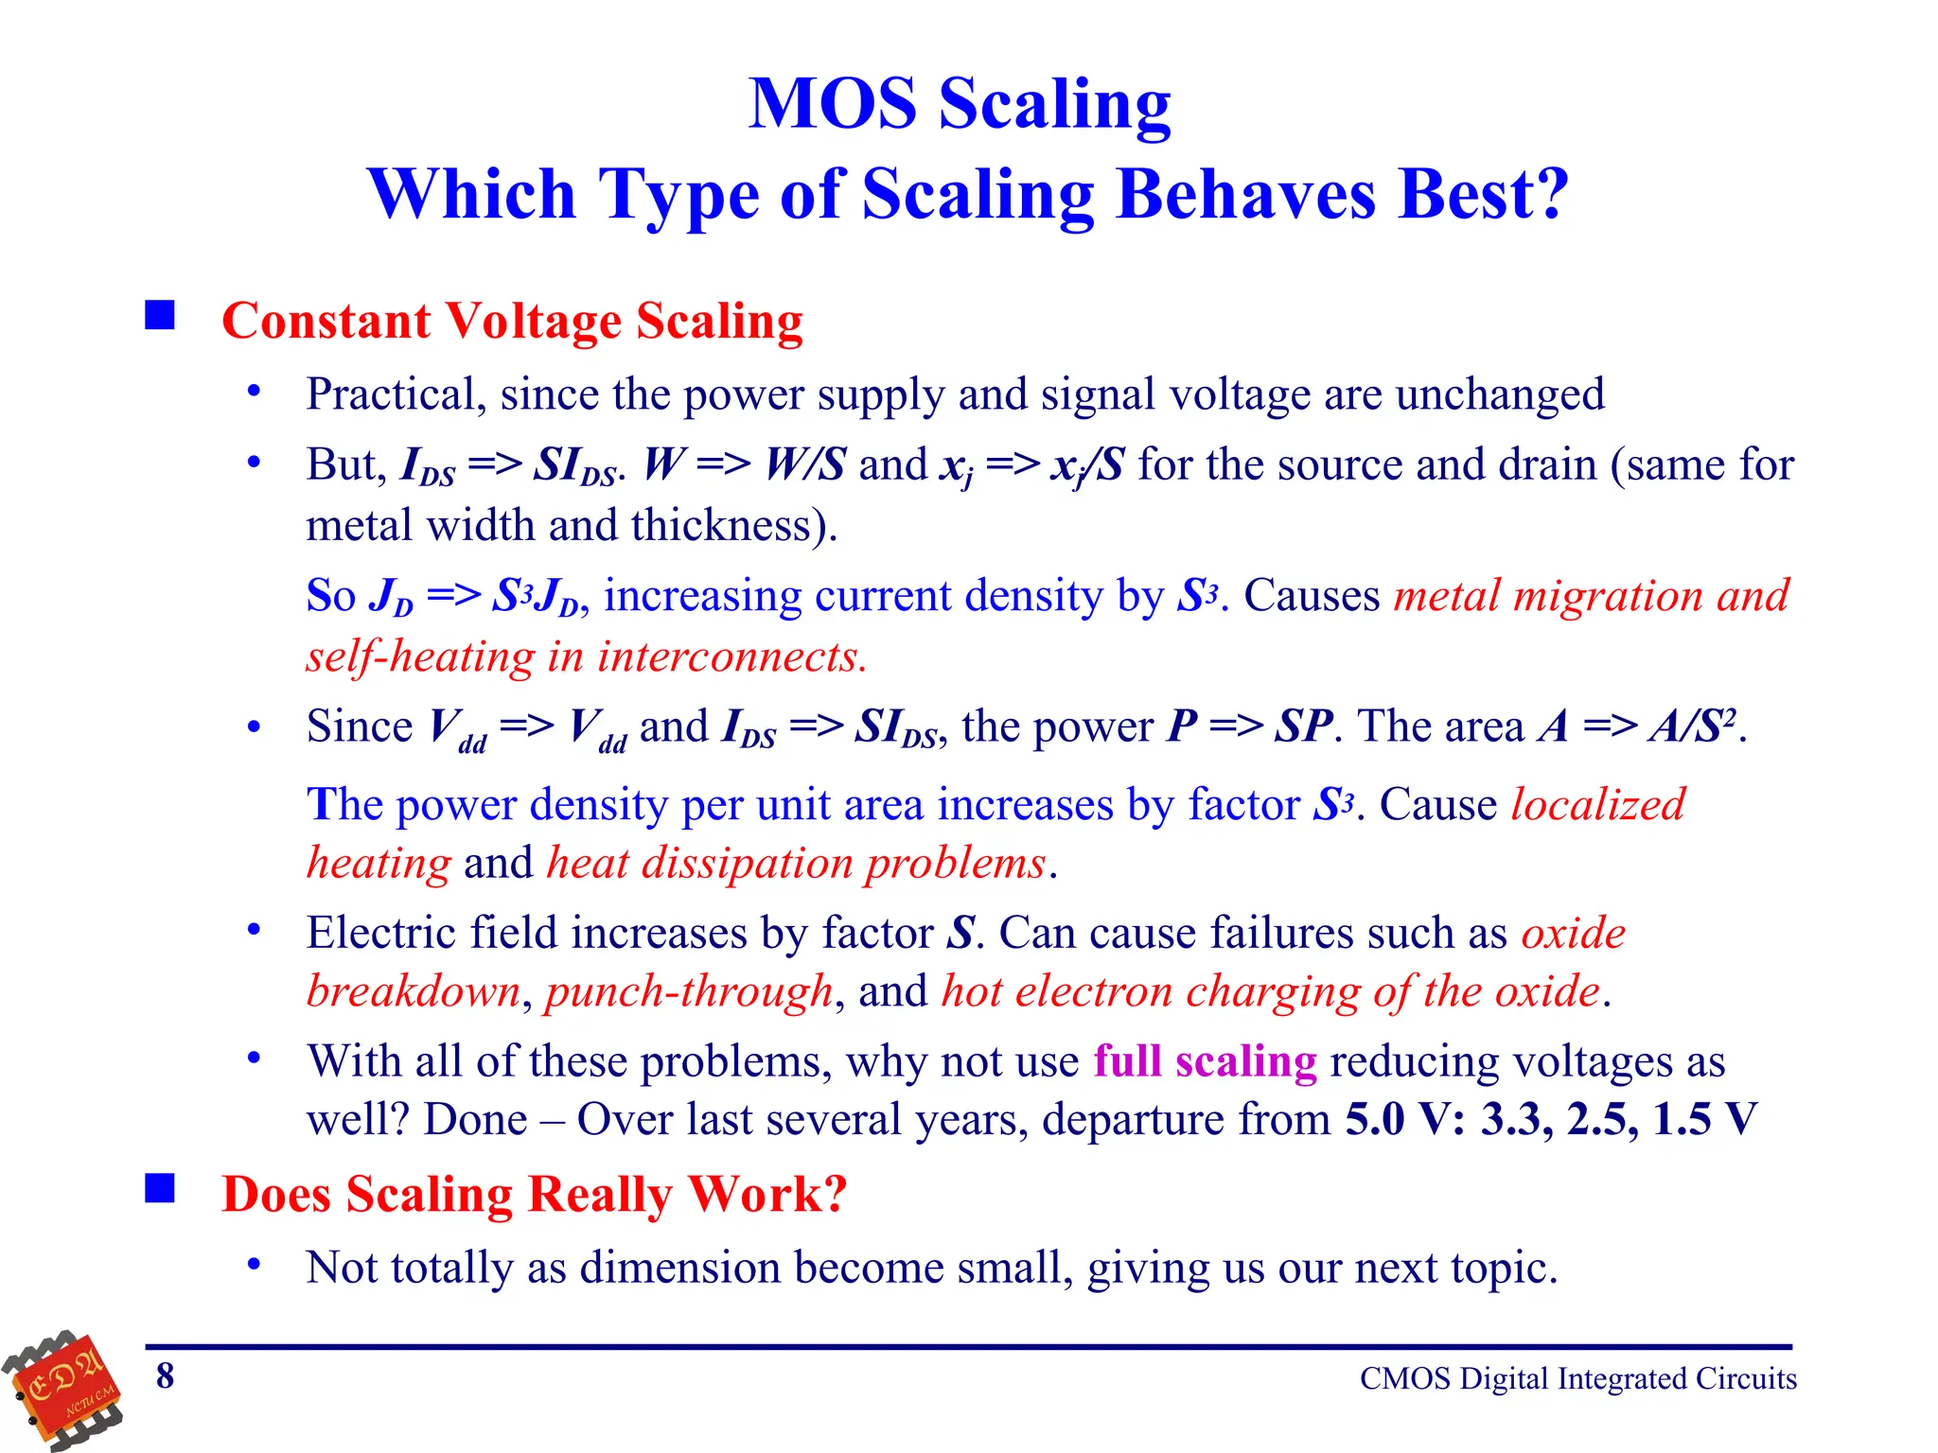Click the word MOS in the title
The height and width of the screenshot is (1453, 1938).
point(832,104)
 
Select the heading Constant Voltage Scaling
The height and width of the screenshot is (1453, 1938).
point(512,321)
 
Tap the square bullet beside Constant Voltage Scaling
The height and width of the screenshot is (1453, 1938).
point(160,315)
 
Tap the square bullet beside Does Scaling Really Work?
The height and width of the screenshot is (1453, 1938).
point(160,1188)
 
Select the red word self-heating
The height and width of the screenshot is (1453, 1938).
point(420,656)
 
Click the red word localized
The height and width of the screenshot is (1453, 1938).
point(1597,805)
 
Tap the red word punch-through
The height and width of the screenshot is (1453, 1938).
point(689,991)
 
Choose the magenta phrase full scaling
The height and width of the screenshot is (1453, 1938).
point(1205,1061)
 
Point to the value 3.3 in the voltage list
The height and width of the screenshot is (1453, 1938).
point(1514,1120)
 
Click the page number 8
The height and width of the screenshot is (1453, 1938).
point(166,1376)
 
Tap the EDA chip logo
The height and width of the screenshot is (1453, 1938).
point(64,1389)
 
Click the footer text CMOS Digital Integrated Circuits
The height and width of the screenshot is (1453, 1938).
point(1577,1379)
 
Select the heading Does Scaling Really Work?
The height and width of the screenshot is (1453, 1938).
point(534,1194)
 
